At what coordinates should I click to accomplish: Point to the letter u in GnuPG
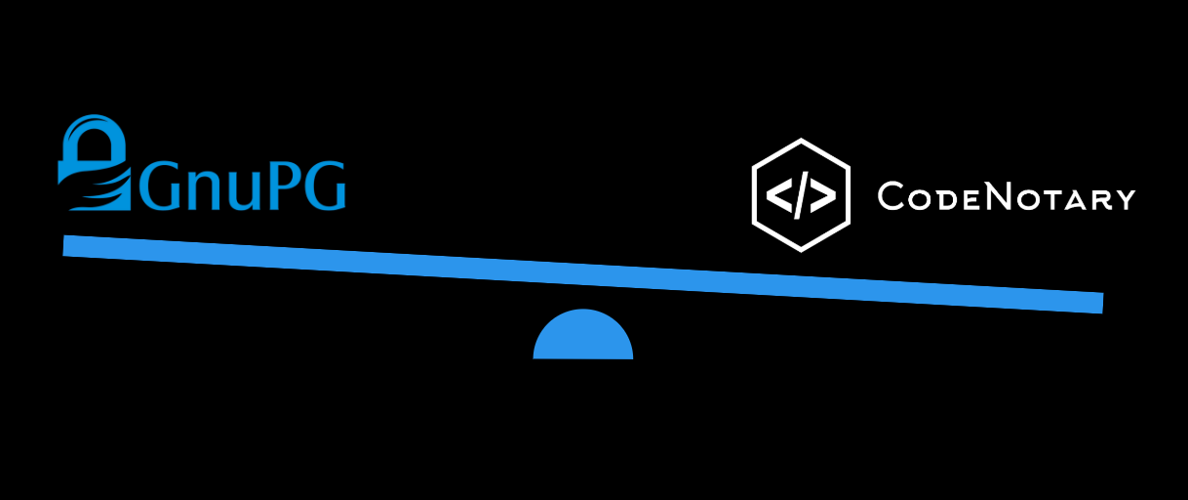(244, 190)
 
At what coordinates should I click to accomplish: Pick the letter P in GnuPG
(286, 185)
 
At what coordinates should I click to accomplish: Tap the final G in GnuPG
(325, 185)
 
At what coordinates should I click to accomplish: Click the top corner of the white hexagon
(801, 139)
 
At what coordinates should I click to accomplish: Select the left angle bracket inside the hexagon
(778, 194)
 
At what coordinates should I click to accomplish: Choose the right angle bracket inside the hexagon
(823, 194)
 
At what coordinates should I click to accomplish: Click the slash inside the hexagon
(801, 195)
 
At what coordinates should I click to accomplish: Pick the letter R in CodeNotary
(1100, 199)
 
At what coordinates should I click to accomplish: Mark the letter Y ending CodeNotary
(1125, 199)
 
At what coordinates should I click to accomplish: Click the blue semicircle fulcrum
(583, 334)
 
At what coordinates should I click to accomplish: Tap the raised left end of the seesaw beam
(63, 246)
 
